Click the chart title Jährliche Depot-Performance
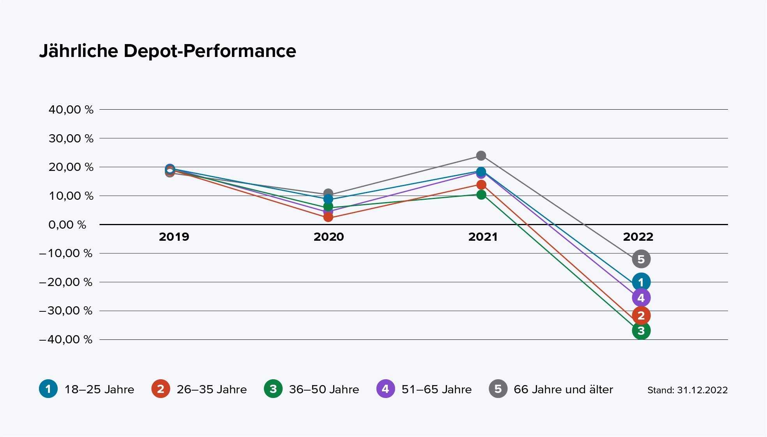tap(168, 51)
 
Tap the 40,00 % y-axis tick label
tap(71, 110)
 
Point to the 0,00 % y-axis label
tap(67, 225)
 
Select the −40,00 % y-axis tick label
tap(66, 339)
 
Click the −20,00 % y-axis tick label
tap(66, 282)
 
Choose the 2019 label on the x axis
tap(174, 237)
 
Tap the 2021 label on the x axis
tap(483, 237)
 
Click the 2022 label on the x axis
tap(638, 237)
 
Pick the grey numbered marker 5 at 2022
tap(641, 259)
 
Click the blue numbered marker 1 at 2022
tap(641, 282)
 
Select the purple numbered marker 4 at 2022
tap(641, 298)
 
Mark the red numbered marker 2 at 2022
tap(641, 315)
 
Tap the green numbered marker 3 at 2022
tap(641, 331)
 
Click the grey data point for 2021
tap(481, 156)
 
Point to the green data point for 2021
tap(481, 195)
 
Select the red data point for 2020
tap(328, 217)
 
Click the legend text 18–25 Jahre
tap(99, 389)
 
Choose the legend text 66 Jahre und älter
tap(563, 389)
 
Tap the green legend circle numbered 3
tap(273, 389)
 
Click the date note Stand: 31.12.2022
tap(687, 390)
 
